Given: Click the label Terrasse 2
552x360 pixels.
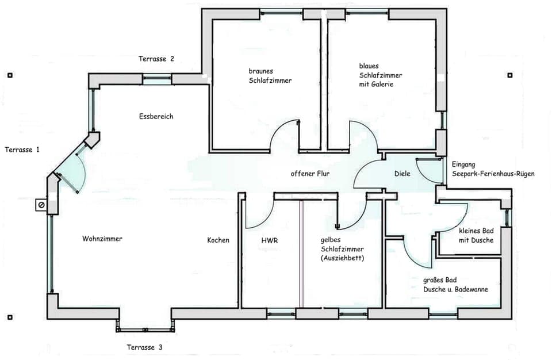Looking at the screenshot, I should click(x=156, y=59).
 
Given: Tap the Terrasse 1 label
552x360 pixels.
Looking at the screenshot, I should click(x=22, y=150).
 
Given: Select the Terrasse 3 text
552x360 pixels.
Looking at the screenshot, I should click(x=144, y=347).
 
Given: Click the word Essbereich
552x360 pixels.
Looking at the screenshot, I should click(x=156, y=116).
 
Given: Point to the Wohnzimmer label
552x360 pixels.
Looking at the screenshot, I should click(x=102, y=239).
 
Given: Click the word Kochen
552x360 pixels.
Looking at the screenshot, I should click(x=218, y=240).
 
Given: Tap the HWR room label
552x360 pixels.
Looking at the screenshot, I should click(x=269, y=240).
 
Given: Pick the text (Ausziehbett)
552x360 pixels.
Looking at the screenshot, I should click(x=342, y=258).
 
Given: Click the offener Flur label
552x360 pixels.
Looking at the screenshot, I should click(x=310, y=173).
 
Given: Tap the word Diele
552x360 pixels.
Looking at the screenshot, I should click(x=402, y=174).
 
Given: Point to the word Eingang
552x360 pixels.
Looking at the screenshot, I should click(x=463, y=164).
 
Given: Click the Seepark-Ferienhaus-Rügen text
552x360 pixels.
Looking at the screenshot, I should click(x=493, y=173).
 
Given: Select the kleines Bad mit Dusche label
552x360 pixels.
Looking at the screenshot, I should click(x=476, y=236).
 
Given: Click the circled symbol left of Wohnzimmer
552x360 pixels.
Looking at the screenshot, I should click(x=41, y=204).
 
